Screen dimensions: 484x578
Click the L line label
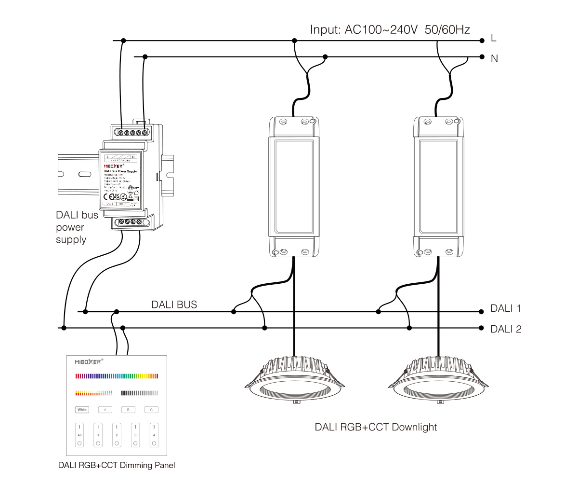493,38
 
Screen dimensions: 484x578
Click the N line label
494,58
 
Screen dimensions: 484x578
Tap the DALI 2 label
506,330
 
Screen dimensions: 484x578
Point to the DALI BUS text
174,305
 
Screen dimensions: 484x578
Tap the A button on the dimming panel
105,410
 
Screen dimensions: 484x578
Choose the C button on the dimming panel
151,410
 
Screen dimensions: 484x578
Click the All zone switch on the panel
79,434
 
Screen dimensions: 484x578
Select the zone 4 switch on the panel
154,434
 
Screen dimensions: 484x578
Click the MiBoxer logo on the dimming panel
89,361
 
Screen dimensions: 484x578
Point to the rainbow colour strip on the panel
117,376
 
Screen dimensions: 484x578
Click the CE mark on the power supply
108,196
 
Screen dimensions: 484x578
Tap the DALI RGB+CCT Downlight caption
376,427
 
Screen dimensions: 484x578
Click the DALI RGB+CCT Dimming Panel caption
116,466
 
